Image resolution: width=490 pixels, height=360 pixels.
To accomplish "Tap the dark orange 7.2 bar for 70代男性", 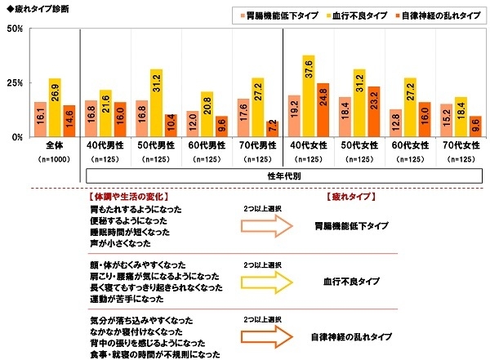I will click(272, 129).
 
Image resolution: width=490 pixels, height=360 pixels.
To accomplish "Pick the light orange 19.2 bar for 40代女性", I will click(295, 116).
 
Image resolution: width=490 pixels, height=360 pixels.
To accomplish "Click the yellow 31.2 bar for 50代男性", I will click(156, 103).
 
